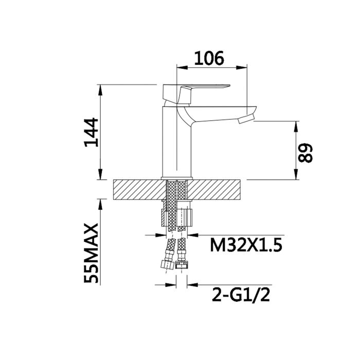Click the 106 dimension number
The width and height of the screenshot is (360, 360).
click(209, 58)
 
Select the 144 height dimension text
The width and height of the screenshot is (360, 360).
click(92, 132)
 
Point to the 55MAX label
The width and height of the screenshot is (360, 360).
click(91, 253)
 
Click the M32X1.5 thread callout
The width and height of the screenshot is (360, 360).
click(246, 245)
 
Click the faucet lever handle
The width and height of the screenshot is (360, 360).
click(196, 94)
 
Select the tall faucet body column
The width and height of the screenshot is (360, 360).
click(177, 142)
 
